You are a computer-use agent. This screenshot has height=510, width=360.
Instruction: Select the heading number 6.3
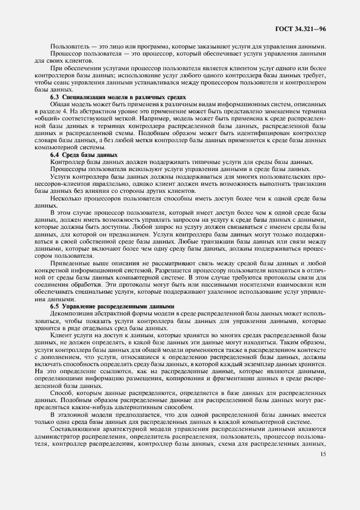point(55,96)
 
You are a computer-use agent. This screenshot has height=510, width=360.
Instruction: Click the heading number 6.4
point(55,155)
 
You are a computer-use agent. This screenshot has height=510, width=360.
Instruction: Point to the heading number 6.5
point(55,306)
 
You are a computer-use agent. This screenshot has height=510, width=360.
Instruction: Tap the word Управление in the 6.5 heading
point(81,306)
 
